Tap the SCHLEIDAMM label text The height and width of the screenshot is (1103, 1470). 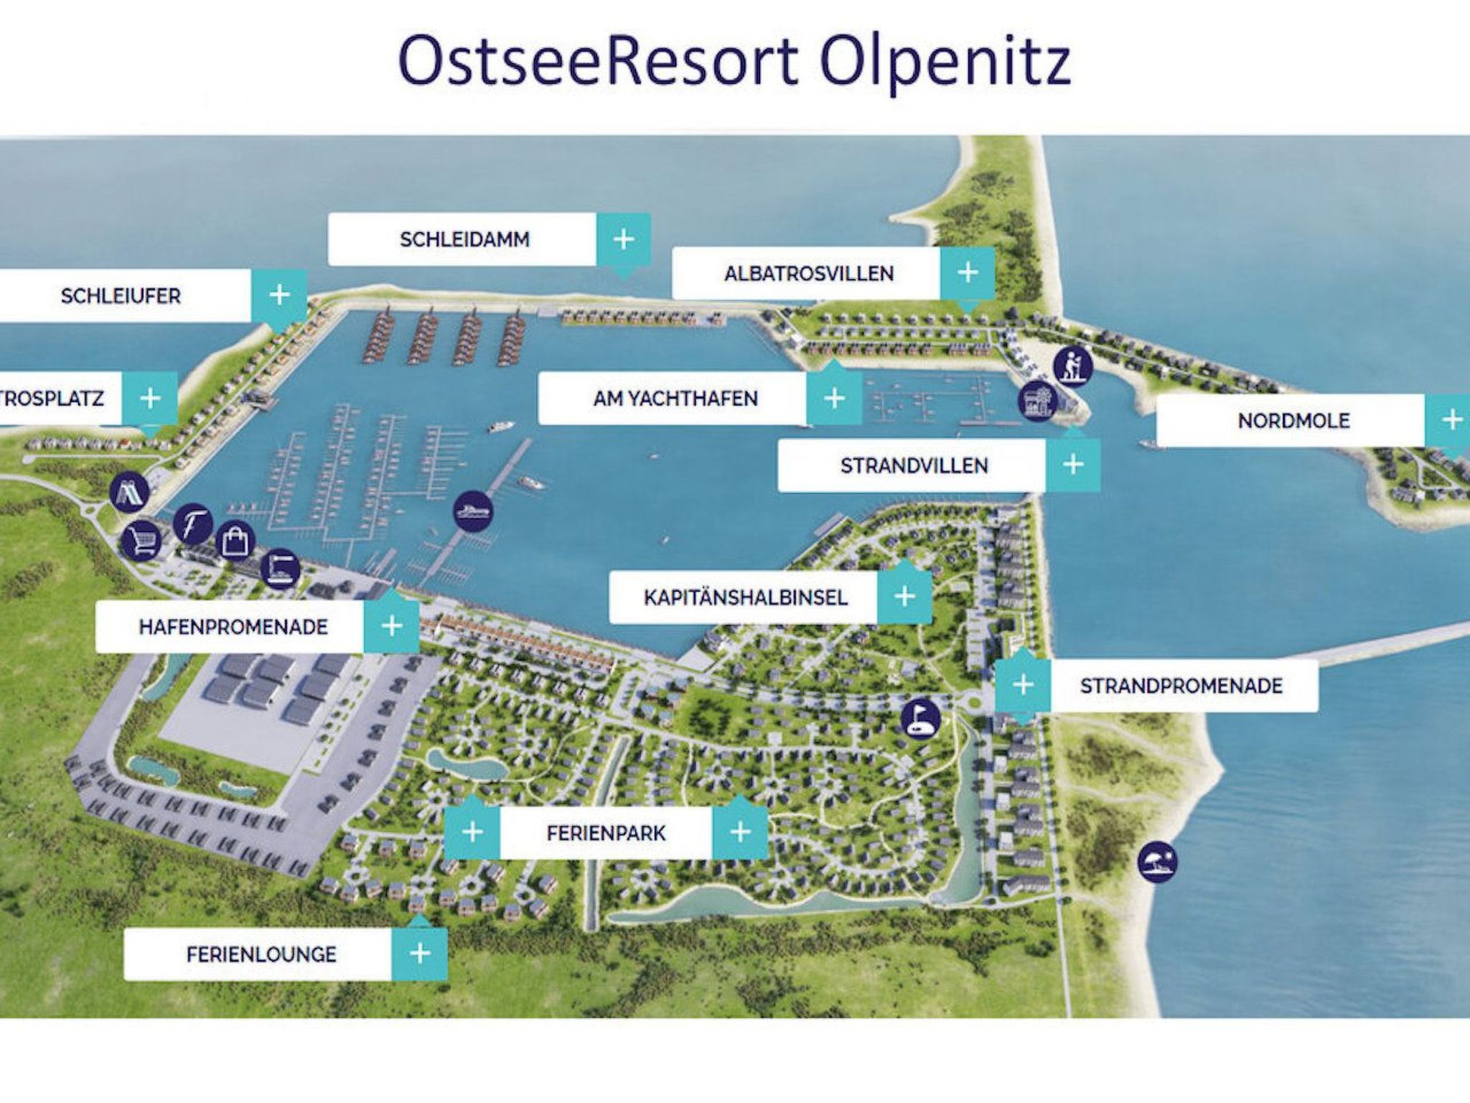tap(464, 239)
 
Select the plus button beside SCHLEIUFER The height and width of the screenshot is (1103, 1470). tap(279, 295)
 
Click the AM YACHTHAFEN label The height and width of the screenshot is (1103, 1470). tap(675, 399)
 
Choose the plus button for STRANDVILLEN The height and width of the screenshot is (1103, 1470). tap(1072, 465)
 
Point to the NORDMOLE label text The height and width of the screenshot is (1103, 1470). tap(1293, 421)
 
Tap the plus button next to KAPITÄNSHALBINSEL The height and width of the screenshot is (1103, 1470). tap(904, 597)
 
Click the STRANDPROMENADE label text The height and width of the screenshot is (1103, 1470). tap(1181, 686)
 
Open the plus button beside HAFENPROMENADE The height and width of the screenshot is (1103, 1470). tap(391, 626)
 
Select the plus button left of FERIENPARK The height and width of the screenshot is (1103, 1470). tap(472, 832)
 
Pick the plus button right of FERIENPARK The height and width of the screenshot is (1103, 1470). tap(739, 832)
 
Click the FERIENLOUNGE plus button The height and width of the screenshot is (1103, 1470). tap(419, 954)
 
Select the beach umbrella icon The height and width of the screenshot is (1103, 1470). tap(1158, 862)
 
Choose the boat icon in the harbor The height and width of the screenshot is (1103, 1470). tap(474, 511)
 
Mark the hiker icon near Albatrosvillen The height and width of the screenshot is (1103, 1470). tap(1072, 366)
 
